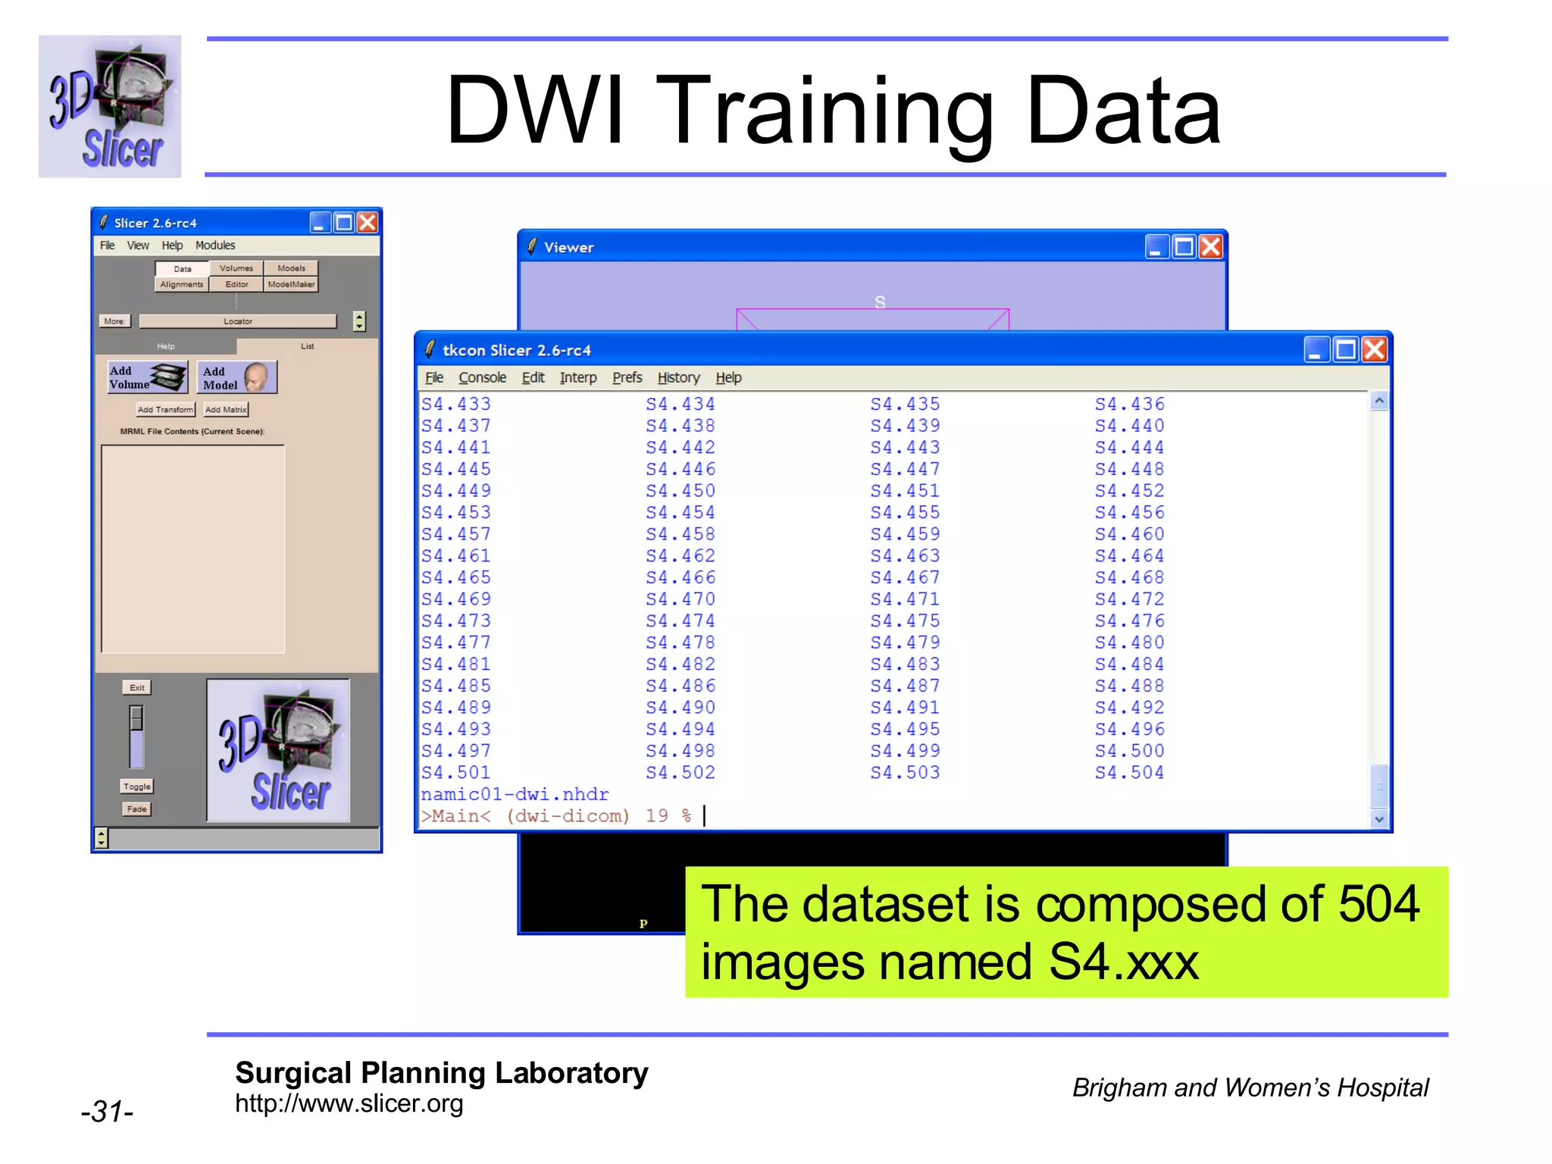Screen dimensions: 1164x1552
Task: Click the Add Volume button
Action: coord(147,377)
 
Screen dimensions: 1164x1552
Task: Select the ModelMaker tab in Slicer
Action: coord(291,285)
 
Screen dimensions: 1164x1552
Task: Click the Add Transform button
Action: coord(165,410)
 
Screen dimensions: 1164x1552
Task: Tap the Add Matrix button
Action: coord(226,410)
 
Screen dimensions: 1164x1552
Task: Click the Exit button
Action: coord(137,688)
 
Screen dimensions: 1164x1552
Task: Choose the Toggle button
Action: coord(137,787)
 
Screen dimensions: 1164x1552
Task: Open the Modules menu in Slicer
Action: coord(215,246)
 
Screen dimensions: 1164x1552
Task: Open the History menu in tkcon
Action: coord(678,377)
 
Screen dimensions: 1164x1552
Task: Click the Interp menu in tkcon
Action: coord(578,377)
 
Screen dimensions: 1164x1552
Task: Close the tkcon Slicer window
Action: coord(1374,350)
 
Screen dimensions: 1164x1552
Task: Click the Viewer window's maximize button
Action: coord(1183,247)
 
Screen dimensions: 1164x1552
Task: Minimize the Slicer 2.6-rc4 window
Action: coord(320,223)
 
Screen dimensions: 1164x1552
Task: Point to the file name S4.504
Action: coord(1129,773)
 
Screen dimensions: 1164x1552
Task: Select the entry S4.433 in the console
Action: coord(456,405)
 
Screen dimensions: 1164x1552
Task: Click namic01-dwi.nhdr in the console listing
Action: coord(515,795)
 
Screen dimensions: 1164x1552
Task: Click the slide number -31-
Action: coord(108,1112)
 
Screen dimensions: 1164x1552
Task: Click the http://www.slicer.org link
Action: coord(349,1104)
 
